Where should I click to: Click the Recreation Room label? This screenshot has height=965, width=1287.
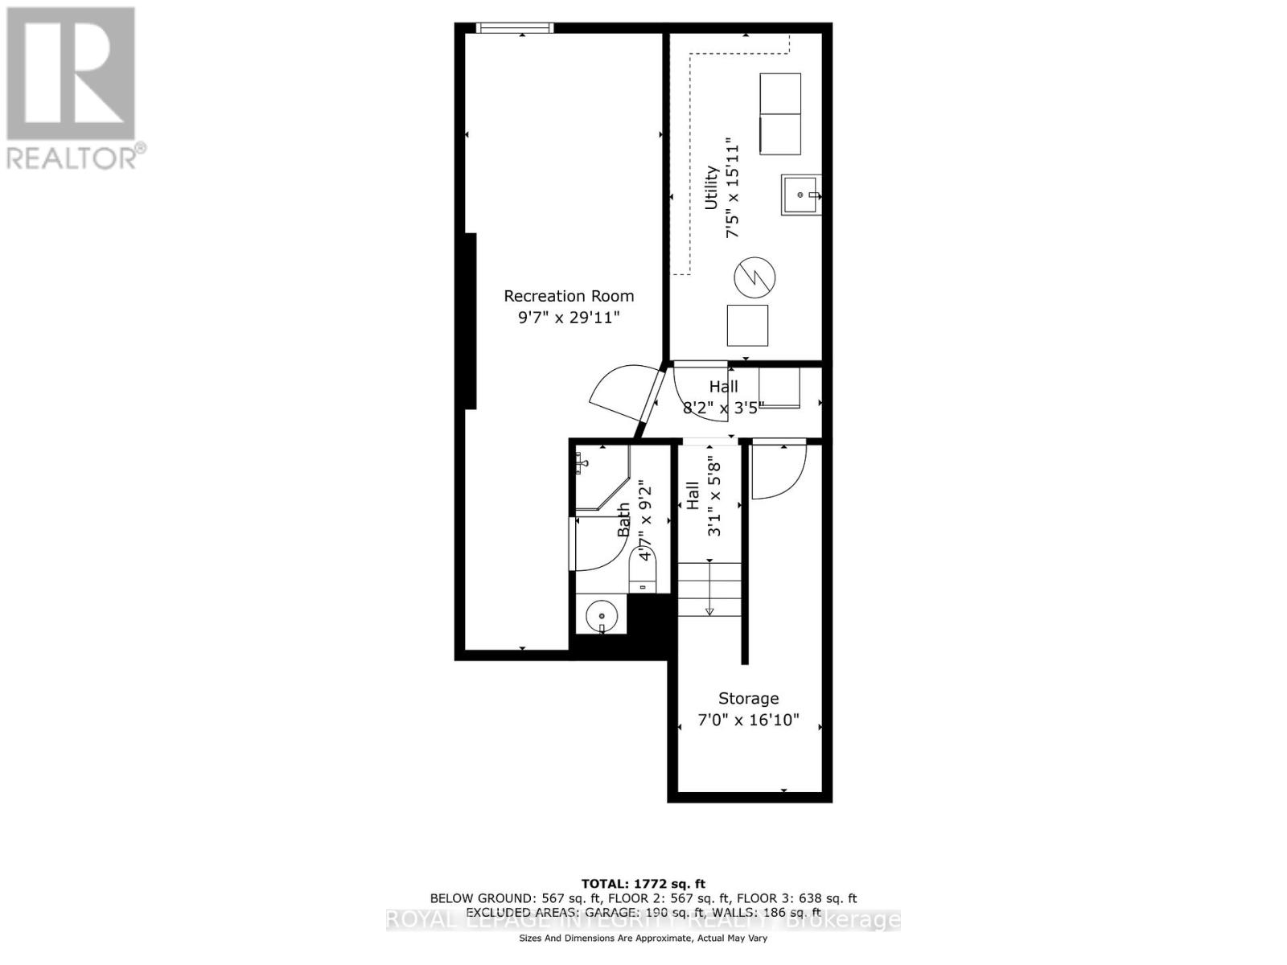pyautogui.click(x=569, y=296)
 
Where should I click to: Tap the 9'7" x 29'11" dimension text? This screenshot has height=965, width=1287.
pyautogui.click(x=569, y=318)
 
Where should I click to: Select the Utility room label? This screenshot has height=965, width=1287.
pyautogui.click(x=711, y=188)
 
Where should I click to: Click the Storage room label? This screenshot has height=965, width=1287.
pyautogui.click(x=748, y=698)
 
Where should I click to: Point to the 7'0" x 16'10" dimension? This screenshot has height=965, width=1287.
pyautogui.click(x=748, y=720)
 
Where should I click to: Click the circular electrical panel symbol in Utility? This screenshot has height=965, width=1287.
pyautogui.click(x=754, y=277)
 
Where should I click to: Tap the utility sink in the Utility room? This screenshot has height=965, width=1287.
pyautogui.click(x=800, y=195)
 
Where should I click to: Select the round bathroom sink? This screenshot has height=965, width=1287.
pyautogui.click(x=601, y=617)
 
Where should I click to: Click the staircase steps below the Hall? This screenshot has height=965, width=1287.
pyautogui.click(x=709, y=589)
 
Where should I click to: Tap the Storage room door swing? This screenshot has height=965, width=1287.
pyautogui.click(x=777, y=472)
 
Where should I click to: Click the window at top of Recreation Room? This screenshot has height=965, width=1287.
pyautogui.click(x=515, y=28)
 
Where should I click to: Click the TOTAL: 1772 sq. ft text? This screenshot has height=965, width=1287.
pyautogui.click(x=643, y=884)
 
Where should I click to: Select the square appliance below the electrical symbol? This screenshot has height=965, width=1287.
pyautogui.click(x=747, y=325)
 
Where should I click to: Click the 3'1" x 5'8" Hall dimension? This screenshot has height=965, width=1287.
pyautogui.click(x=714, y=497)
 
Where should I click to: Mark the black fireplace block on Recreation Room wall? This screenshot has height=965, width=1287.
pyautogui.click(x=467, y=322)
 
